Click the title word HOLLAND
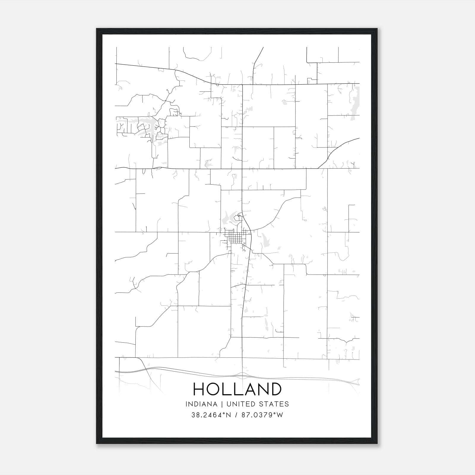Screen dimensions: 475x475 click(237, 389)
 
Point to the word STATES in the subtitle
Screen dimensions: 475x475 click(273, 404)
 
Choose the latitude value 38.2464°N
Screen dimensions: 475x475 click(211, 415)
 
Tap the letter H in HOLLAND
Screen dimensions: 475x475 click(199, 389)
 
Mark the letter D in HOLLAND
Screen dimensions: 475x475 click(275, 389)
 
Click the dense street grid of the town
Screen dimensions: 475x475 click(235, 237)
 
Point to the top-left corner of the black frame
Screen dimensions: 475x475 click(97, 29)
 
